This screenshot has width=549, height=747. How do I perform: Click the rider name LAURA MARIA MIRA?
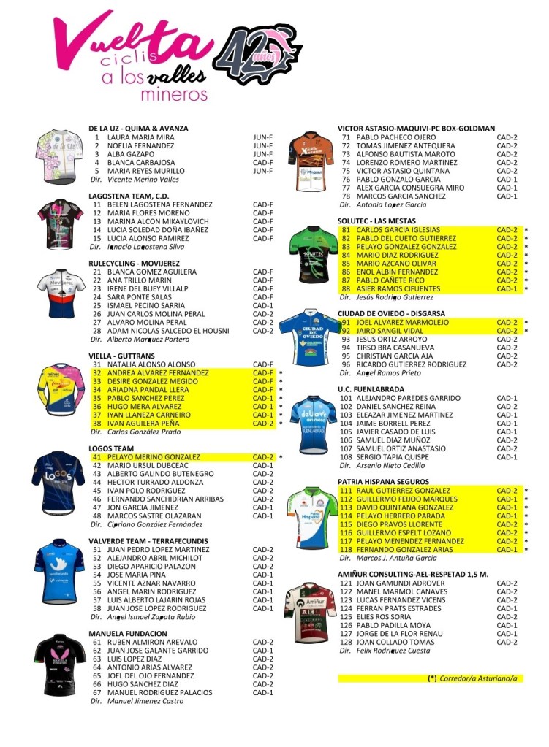(x=140, y=137)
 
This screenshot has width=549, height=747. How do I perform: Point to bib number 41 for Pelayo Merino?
(x=96, y=457)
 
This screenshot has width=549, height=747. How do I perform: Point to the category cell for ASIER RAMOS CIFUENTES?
(x=507, y=289)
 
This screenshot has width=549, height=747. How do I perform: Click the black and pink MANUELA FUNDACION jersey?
(x=59, y=665)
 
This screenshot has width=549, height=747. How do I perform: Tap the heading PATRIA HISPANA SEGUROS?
(x=384, y=482)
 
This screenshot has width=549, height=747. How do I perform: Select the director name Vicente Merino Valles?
(x=143, y=180)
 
